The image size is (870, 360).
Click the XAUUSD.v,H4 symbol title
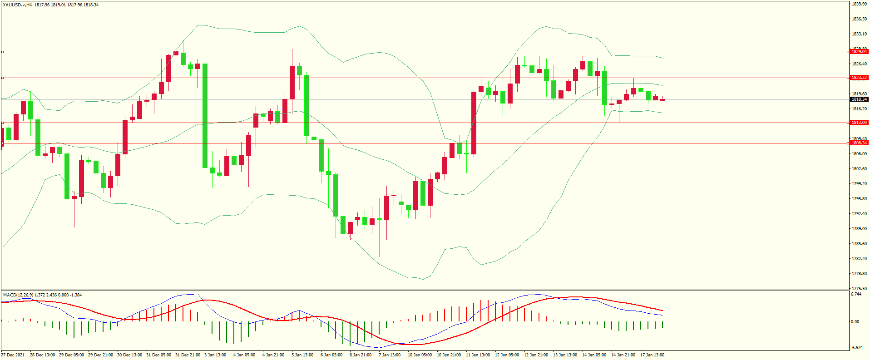tap(17, 5)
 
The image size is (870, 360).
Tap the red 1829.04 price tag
tap(859, 52)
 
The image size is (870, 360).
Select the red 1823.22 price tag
tap(859, 78)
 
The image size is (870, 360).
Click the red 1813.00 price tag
tap(859, 123)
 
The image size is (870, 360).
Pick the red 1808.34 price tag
tap(859, 143)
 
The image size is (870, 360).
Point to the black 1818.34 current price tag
tap(859, 99)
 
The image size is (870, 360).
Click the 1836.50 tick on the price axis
tap(859, 19)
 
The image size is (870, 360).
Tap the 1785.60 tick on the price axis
tap(859, 244)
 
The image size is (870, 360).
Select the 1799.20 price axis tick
tap(859, 184)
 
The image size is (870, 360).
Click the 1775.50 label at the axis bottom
tap(859, 288)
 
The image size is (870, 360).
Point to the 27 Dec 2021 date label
tap(13, 355)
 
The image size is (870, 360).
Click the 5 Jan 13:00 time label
tap(302, 355)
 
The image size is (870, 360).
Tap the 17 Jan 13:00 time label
tap(652, 355)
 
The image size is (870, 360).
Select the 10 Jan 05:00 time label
tap(420, 355)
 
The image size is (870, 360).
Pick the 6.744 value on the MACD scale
tap(856, 294)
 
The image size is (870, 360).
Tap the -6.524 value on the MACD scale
tap(857, 348)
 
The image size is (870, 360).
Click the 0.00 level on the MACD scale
tap(855, 322)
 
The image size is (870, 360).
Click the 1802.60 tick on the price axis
tap(859, 169)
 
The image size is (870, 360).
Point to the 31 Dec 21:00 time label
tap(188, 355)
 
